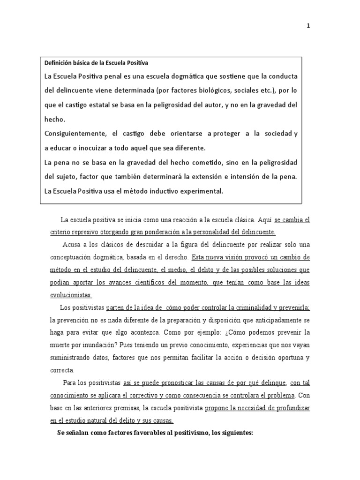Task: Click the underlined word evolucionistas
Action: tap(71, 295)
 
